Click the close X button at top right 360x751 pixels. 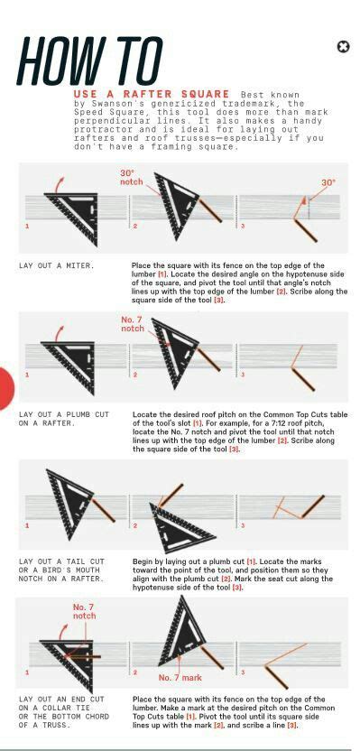click(343, 47)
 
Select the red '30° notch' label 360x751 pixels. click(132, 178)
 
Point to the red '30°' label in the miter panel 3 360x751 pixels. click(328, 182)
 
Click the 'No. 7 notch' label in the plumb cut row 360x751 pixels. click(133, 324)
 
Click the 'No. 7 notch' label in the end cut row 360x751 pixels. click(84, 611)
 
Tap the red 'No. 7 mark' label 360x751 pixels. click(180, 677)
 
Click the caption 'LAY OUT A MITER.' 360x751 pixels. click(56, 266)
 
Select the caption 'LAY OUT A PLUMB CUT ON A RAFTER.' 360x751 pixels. click(63, 418)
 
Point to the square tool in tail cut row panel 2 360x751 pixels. click(181, 528)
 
